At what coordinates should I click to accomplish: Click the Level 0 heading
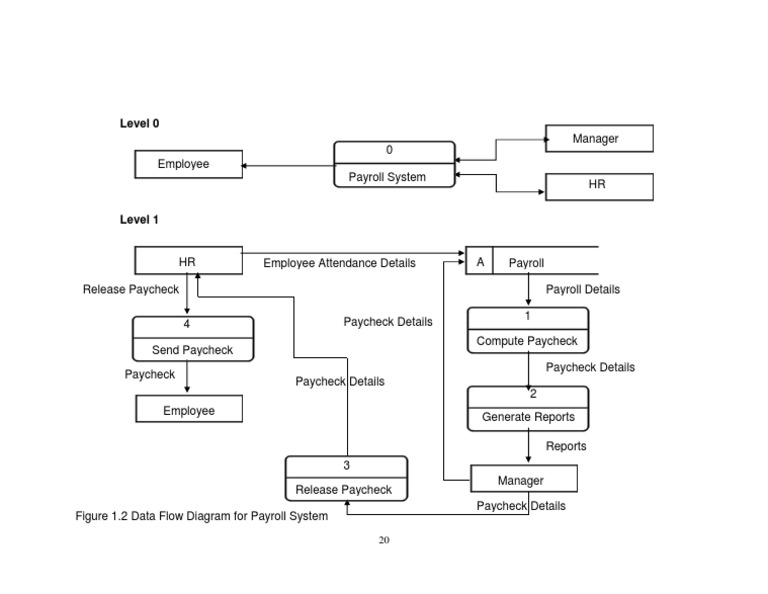139,124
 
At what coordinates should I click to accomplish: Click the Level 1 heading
139,220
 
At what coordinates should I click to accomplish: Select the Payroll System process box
394,164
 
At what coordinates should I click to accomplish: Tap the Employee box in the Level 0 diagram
188,164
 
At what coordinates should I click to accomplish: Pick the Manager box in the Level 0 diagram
599,139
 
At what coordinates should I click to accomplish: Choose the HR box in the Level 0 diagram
599,186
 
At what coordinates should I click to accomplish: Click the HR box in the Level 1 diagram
188,261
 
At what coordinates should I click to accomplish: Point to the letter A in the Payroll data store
480,262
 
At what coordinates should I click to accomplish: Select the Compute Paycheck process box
527,330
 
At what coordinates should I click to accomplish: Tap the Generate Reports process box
527,407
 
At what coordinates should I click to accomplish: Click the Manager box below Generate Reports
522,480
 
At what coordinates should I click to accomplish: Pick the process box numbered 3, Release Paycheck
346,478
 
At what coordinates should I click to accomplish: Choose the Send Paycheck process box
192,339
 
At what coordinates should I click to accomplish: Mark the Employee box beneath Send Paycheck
188,410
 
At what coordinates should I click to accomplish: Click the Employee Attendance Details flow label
339,263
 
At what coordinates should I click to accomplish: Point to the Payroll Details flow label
582,290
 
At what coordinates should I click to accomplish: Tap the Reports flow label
566,446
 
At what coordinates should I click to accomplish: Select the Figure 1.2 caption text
201,516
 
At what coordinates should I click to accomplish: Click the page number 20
384,541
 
